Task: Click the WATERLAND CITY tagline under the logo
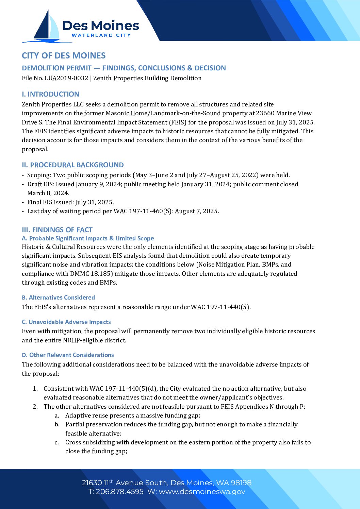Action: point(101,35)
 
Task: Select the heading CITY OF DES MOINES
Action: point(64,56)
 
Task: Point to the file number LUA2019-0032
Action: point(66,78)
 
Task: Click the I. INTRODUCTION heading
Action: point(50,94)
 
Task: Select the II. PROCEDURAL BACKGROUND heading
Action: point(73,165)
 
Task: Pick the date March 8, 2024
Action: point(48,193)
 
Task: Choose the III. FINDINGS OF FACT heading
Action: point(57,230)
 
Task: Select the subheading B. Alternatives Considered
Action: point(58,298)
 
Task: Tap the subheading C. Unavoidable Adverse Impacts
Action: point(66,322)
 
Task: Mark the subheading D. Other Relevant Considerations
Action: point(68,355)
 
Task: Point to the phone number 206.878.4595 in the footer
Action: point(119,492)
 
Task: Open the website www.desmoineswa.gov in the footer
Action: point(202,492)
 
